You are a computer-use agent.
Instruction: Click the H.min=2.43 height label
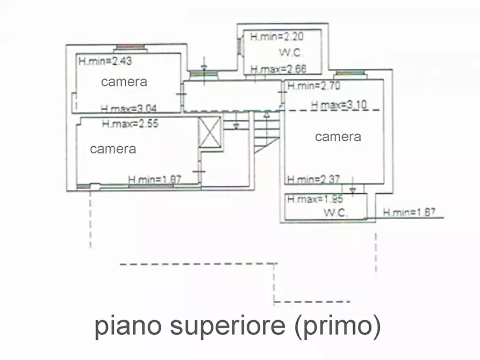(105, 61)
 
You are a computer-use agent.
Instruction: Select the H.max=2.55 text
(130, 123)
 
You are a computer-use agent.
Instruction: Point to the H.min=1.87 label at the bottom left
(154, 179)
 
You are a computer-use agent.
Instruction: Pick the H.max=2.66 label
(278, 69)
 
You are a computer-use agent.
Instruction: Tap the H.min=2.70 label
(313, 85)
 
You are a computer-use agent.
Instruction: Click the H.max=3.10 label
(339, 105)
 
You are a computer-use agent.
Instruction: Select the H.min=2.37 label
(313, 179)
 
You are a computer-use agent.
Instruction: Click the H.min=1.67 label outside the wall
(410, 213)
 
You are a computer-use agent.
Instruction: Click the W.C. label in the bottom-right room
(336, 213)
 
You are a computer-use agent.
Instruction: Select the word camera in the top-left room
(124, 82)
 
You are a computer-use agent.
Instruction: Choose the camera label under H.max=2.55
(113, 149)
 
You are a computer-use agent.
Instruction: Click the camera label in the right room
(338, 136)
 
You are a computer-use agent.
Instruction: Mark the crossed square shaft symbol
(210, 132)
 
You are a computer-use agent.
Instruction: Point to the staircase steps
(266, 132)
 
